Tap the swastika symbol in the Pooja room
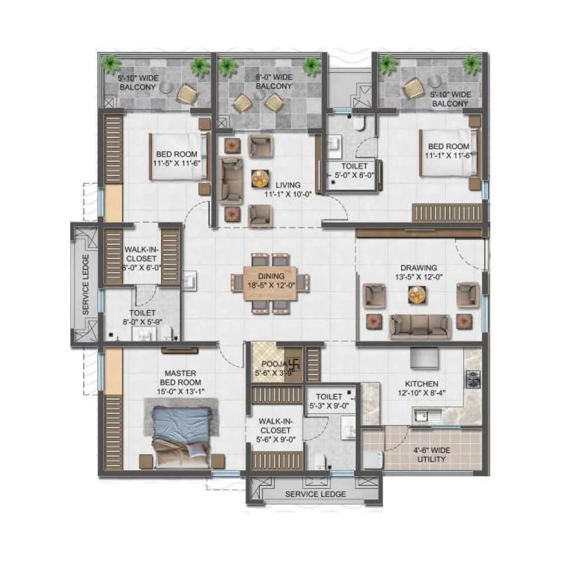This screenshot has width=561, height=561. [x=293, y=363]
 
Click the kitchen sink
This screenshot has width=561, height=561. [x=426, y=416]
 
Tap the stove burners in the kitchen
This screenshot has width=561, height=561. [x=473, y=379]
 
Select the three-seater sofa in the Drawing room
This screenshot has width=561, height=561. [x=420, y=325]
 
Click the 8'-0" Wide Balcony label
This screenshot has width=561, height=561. [x=273, y=82]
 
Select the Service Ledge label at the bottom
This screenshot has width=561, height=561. [x=315, y=494]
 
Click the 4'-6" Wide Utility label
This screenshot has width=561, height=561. [x=431, y=454]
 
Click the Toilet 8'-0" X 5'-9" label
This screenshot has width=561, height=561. [x=141, y=317]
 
